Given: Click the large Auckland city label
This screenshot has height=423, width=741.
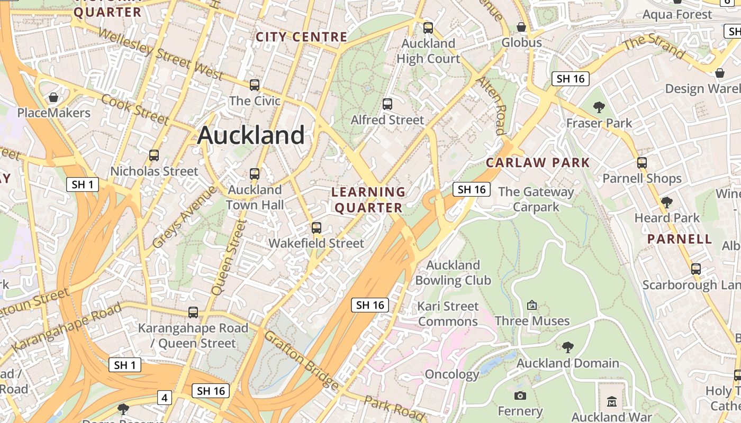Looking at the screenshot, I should pyautogui.click(x=251, y=135).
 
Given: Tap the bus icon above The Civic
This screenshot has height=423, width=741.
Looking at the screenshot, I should pyautogui.click(x=255, y=85).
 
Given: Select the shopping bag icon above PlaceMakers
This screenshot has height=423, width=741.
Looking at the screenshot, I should pyautogui.click(x=53, y=97).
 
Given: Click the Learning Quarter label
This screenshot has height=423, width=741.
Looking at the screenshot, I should pyautogui.click(x=368, y=200).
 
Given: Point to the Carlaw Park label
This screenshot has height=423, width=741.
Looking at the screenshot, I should pyautogui.click(x=538, y=162).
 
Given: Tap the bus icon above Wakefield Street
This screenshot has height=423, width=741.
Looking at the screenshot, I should pyautogui.click(x=317, y=228).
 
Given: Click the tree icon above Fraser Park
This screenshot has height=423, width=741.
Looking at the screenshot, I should pyautogui.click(x=599, y=108).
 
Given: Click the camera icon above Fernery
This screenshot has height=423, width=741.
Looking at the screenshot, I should pyautogui.click(x=520, y=396).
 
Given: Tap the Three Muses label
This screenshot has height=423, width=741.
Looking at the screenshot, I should pyautogui.click(x=532, y=321).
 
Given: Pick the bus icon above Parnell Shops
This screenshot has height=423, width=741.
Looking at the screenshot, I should pyautogui.click(x=642, y=163).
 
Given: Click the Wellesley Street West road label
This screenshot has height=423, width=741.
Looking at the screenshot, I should pyautogui.click(x=161, y=54).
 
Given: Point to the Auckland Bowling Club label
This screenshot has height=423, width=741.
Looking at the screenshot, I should pyautogui.click(x=453, y=272).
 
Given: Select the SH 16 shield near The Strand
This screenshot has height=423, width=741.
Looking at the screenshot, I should pyautogui.click(x=571, y=79).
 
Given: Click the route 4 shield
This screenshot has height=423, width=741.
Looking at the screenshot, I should pyautogui.click(x=165, y=398).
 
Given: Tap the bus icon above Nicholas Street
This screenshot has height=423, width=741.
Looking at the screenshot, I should pyautogui.click(x=154, y=155).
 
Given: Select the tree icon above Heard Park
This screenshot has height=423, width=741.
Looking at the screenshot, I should pyautogui.click(x=667, y=202).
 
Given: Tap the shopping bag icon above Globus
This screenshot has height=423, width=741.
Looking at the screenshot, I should pyautogui.click(x=521, y=27).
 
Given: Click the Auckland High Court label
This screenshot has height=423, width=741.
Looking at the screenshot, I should pyautogui.click(x=429, y=51).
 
